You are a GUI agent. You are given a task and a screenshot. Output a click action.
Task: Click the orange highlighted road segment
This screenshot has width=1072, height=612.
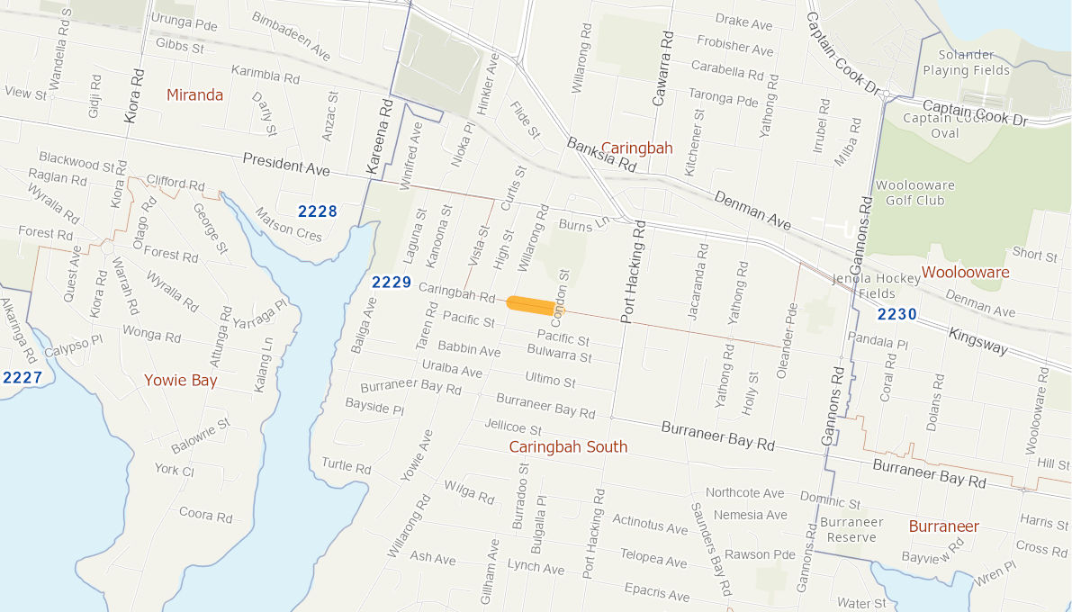pos(531,304)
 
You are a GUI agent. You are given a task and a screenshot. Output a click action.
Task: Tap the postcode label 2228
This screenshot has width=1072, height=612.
pos(318,211)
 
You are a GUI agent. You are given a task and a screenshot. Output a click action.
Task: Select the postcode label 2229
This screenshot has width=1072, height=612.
pos(391,283)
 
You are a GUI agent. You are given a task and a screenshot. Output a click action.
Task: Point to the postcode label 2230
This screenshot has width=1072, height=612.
pos(896,314)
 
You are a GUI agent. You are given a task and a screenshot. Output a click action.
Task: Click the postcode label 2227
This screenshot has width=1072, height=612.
pos(22,377)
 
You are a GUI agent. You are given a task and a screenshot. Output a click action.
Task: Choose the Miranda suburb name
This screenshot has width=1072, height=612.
pos(194,94)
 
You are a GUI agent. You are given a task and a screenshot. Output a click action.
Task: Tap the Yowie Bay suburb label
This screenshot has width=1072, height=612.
pos(181,380)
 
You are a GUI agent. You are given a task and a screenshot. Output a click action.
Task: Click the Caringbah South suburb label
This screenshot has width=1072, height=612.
pos(568,446)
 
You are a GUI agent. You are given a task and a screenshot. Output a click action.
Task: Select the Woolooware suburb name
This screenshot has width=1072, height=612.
pos(965,272)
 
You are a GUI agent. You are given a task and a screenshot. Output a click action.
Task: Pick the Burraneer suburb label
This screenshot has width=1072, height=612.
pos(943,526)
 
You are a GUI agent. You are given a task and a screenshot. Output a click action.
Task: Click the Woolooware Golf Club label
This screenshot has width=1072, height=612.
pos(915,193)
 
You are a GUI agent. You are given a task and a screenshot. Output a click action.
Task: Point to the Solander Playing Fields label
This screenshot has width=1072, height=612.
pos(966,62)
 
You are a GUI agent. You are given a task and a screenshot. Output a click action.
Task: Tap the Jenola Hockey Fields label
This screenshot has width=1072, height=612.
pos(876,285)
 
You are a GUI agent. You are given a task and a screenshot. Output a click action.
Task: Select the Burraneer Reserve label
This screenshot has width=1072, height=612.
pos(851,529)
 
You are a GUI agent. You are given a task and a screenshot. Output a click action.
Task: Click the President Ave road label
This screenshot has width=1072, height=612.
pos(286,165)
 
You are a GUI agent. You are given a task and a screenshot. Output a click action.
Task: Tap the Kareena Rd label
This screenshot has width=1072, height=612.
pos(379,136)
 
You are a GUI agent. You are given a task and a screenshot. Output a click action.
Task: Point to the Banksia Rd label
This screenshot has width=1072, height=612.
pos(601,154)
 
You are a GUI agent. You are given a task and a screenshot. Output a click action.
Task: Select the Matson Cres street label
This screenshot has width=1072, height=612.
pos(288,223)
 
